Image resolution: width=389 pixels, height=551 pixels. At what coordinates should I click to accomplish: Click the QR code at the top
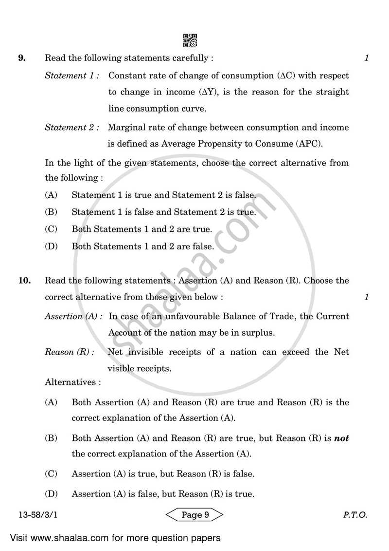pyautogui.click(x=190, y=40)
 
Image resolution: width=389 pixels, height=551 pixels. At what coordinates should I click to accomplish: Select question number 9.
pyautogui.click(x=21, y=58)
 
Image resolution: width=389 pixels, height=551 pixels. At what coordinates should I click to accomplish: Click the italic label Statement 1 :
pyautogui.click(x=72, y=76)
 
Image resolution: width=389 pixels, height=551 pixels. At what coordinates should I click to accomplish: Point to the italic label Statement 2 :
pyautogui.click(x=72, y=128)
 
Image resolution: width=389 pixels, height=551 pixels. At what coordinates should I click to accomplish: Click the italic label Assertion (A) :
pyautogui.click(x=73, y=316)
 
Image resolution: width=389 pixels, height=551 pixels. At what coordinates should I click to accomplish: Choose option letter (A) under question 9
pyautogui.click(x=51, y=195)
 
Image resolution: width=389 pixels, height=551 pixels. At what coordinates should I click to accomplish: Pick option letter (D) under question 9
pyautogui.click(x=51, y=247)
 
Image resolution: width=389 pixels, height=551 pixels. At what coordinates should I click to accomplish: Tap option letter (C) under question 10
pyautogui.click(x=51, y=474)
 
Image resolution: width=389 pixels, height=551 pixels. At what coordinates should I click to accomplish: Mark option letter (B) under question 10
pyautogui.click(x=51, y=438)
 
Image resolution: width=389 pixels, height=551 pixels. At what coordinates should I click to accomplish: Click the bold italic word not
pyautogui.click(x=341, y=438)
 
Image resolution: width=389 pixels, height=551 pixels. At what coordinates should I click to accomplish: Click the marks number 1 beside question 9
pyautogui.click(x=367, y=58)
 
